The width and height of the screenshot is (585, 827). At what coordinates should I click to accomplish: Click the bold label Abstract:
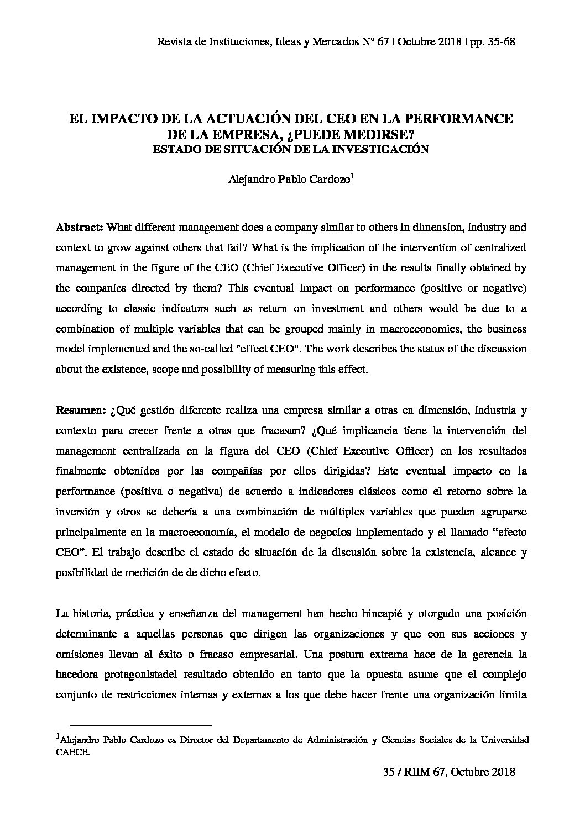click(x=80, y=228)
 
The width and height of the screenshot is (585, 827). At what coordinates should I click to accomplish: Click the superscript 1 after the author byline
click(x=353, y=175)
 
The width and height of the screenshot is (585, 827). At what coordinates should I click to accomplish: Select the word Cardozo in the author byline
click(x=330, y=179)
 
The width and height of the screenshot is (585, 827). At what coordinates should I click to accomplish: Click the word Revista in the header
click(x=173, y=42)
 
